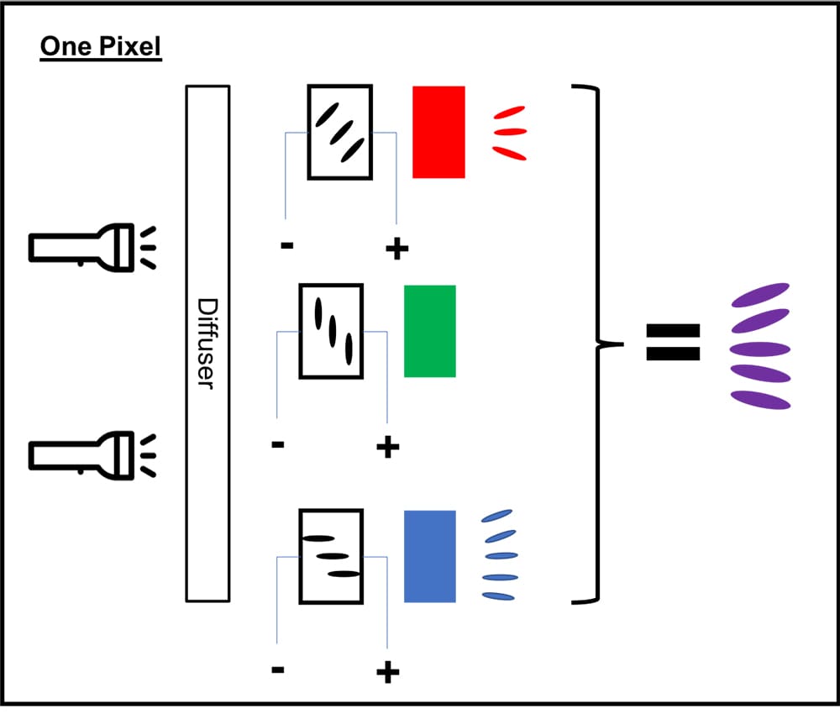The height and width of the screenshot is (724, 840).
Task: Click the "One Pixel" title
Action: [x=101, y=47]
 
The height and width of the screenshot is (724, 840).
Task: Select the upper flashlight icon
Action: [x=82, y=246]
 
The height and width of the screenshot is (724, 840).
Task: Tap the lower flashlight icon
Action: [x=82, y=454]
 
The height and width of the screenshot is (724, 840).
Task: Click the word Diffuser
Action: [x=207, y=343]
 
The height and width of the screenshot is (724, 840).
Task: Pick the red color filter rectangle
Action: [x=438, y=132]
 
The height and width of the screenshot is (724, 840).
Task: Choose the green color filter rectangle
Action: [x=430, y=331]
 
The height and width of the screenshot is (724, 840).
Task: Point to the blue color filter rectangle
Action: [x=430, y=556]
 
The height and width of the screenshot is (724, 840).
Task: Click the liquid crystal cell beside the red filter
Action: [x=339, y=132]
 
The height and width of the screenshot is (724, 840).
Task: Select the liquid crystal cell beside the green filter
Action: [x=331, y=331]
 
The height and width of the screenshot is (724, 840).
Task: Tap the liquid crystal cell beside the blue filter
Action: [x=331, y=556]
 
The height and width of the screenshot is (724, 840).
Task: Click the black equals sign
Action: [x=672, y=342]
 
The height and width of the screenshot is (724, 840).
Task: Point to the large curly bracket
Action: [x=599, y=343]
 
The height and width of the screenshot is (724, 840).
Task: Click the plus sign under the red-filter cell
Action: [x=396, y=248]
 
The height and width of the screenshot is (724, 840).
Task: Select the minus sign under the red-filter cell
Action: [x=286, y=246]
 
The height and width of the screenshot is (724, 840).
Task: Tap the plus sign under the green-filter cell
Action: [x=387, y=447]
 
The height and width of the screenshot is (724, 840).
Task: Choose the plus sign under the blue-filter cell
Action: [x=387, y=672]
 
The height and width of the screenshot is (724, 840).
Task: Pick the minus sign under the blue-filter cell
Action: [x=278, y=670]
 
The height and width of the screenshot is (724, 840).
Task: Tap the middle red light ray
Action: [x=511, y=131]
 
